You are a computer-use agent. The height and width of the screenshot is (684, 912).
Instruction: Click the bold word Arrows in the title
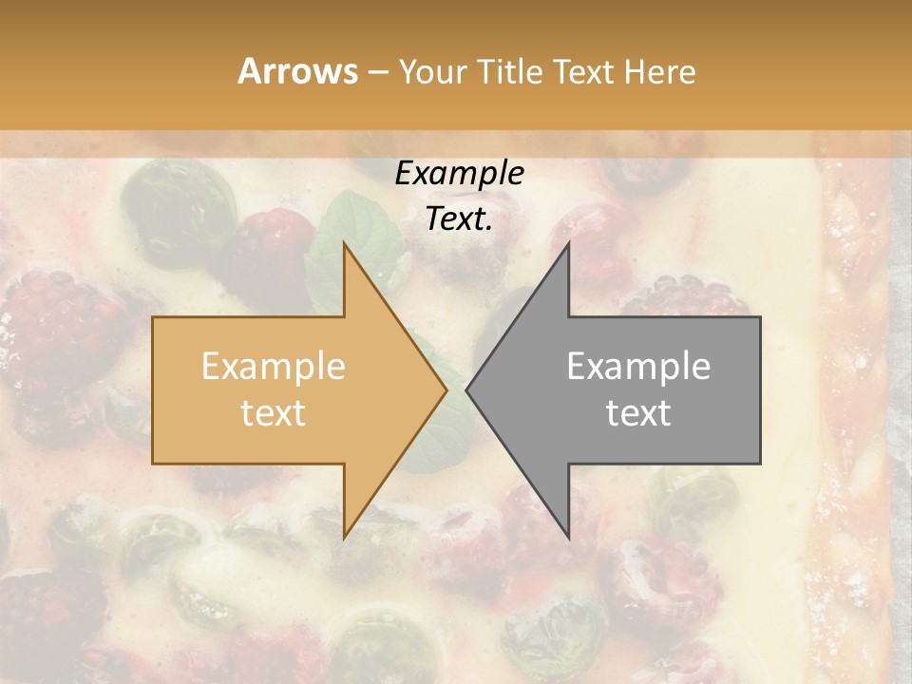pos(297,71)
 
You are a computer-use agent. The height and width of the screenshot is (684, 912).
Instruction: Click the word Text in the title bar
pos(582,71)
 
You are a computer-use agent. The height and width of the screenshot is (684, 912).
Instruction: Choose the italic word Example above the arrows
pos(459,174)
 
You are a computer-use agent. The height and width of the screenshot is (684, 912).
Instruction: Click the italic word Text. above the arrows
pos(459,219)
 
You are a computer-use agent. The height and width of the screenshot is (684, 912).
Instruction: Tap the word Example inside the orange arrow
pos(273,367)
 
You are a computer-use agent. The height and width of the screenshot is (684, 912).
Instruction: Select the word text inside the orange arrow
pos(273,412)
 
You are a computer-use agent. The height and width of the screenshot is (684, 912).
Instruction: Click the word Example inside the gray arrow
pos(638,367)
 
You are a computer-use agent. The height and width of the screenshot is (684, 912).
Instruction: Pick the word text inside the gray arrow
pos(638,412)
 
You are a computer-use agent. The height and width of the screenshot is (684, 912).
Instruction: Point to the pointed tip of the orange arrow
pos(446,389)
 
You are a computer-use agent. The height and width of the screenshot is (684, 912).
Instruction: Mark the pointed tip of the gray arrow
pos(467,389)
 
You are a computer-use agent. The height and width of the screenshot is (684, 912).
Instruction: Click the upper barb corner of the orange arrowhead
pos(344,244)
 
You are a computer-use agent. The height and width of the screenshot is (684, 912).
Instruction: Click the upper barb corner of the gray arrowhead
pos(568,244)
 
